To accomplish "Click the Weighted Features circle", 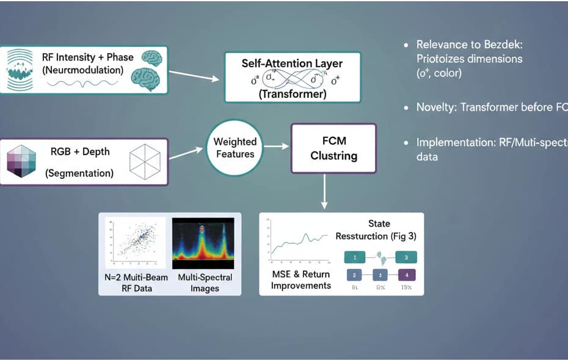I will point(235,148).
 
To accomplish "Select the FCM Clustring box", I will point(333,148).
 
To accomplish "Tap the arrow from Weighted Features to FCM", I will point(275,147).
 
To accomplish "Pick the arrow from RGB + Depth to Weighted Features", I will point(187,153).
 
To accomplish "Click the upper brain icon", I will point(151,58).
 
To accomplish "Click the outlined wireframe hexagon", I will point(145,162).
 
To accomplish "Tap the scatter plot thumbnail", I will point(135,243).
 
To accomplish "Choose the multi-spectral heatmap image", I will point(203,243).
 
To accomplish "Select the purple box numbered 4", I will point(407,275).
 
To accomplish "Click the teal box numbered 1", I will point(355,257).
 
